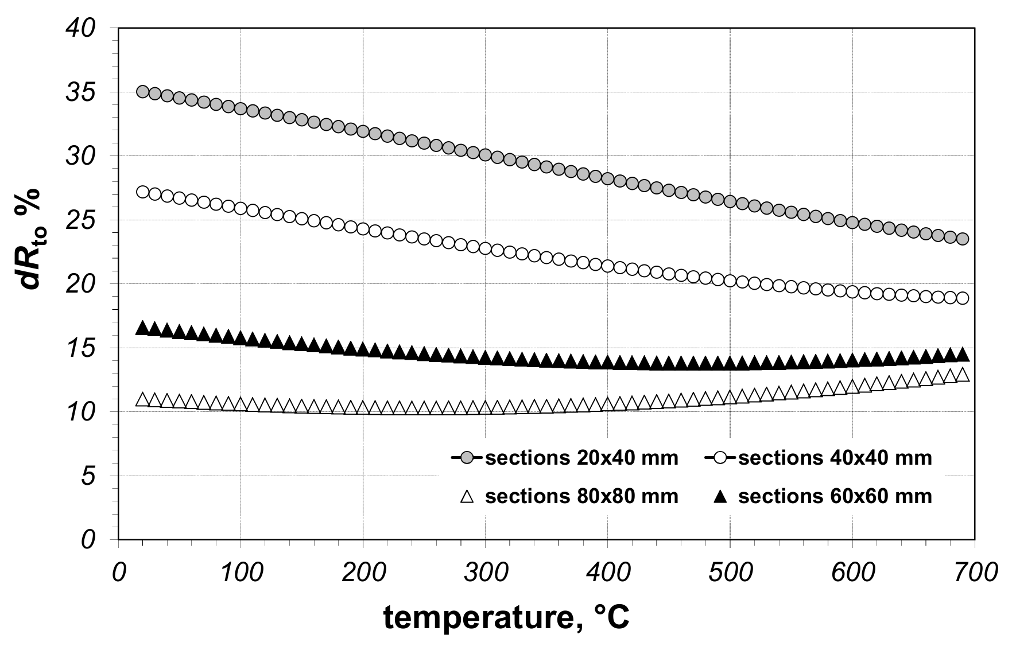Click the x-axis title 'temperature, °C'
point(507,618)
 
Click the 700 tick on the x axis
point(974,573)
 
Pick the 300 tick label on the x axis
point(485,573)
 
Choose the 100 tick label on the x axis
point(241,573)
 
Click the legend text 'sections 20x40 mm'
point(581,458)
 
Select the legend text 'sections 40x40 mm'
point(835,458)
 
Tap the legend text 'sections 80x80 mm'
point(581,496)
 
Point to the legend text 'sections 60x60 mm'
point(835,496)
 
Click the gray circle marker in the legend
point(467,458)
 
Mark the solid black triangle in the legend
point(720,496)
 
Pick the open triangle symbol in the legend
point(467,496)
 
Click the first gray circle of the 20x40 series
point(142,92)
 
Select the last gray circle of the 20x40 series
point(963,239)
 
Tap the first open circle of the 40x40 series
point(142,192)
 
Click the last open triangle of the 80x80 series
point(963,375)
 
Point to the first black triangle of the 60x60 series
point(142,328)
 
